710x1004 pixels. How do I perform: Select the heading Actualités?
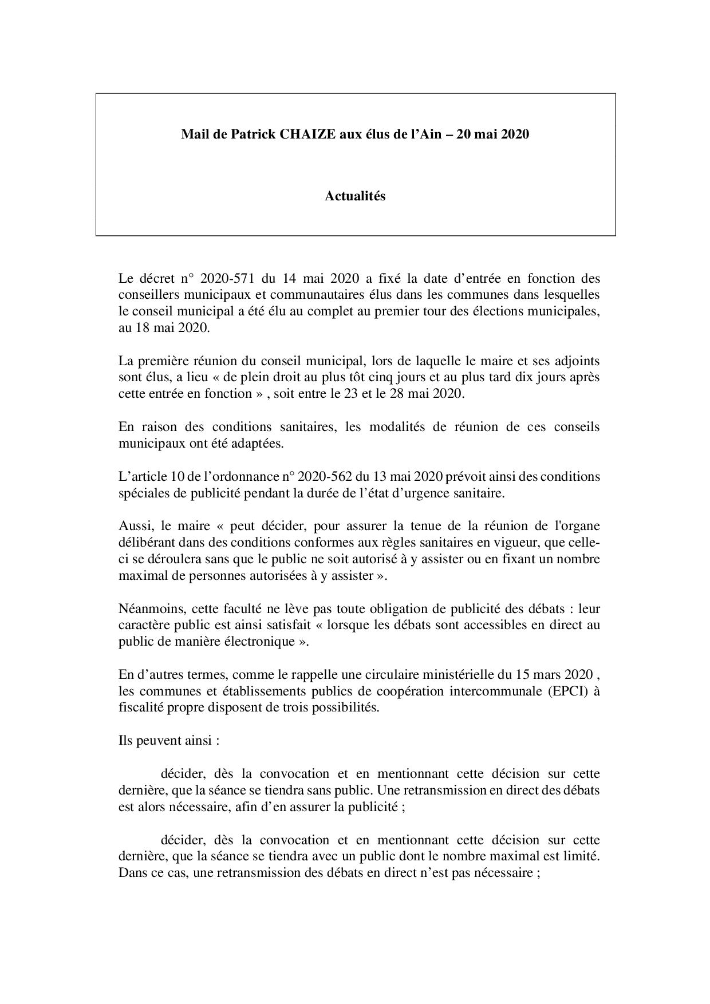pos(355,196)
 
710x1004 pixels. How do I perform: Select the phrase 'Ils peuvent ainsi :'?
pos(169,740)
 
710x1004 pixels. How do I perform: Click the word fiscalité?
pos(141,707)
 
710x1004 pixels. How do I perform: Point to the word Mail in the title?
pos(193,135)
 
